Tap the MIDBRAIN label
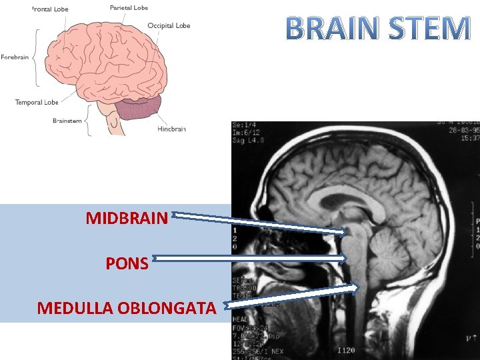(x=127, y=218)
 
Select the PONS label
(x=127, y=263)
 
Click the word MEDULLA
(x=74, y=308)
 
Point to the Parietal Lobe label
(x=129, y=8)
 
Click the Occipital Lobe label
(x=169, y=26)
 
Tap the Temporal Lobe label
(x=37, y=103)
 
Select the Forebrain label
(x=15, y=57)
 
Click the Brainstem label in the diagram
(x=67, y=121)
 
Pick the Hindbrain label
(x=172, y=129)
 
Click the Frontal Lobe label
(x=50, y=9)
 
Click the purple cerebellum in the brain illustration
(x=140, y=108)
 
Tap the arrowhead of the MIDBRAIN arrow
(x=345, y=232)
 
